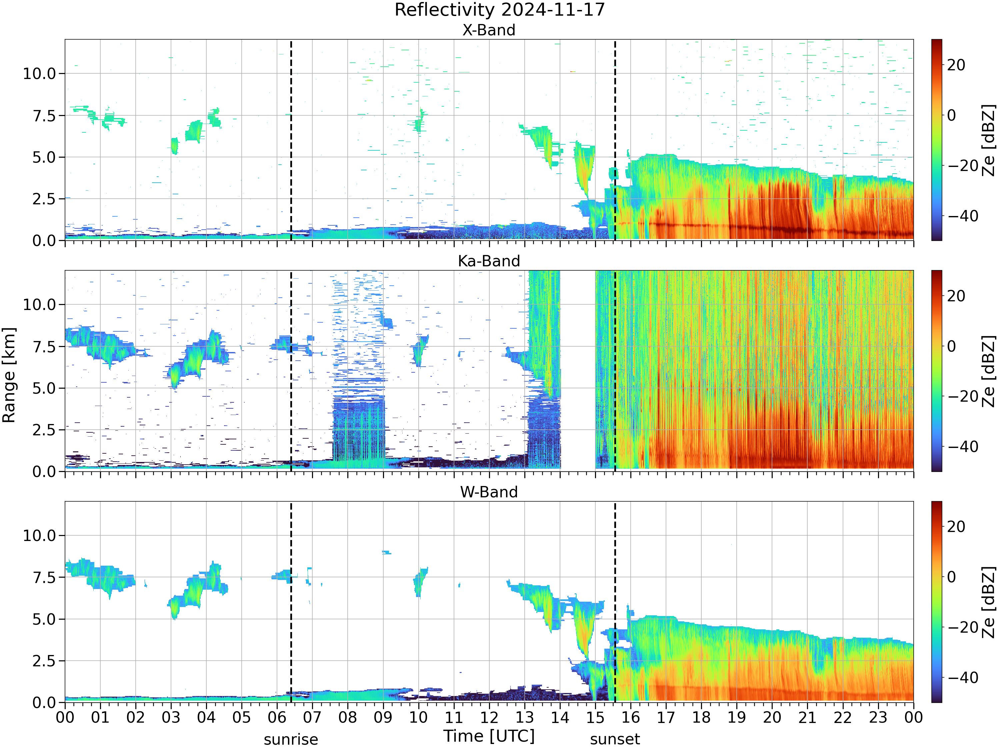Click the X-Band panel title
click(489, 30)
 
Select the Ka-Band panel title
click(489, 261)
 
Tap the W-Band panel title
click(489, 492)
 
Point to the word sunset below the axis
click(615, 739)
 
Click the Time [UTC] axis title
click(489, 736)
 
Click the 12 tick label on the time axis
click(489, 717)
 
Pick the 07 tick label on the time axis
click(312, 717)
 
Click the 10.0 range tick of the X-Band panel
click(40, 74)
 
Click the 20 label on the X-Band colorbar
click(956, 65)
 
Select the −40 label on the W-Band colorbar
click(963, 678)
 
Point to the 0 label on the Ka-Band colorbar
click(952, 346)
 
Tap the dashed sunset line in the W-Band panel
click(615, 602)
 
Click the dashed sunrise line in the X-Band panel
click(291, 140)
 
